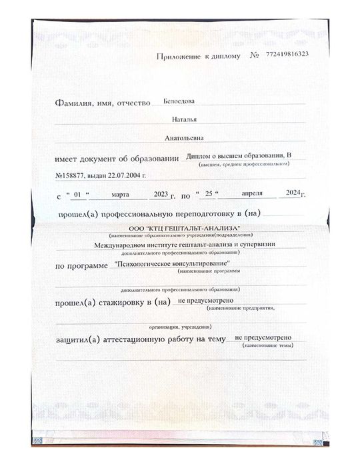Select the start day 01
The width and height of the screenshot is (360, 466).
click(x=78, y=195)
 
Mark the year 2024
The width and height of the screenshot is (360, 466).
click(x=293, y=193)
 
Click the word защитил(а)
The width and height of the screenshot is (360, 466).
click(x=79, y=341)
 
